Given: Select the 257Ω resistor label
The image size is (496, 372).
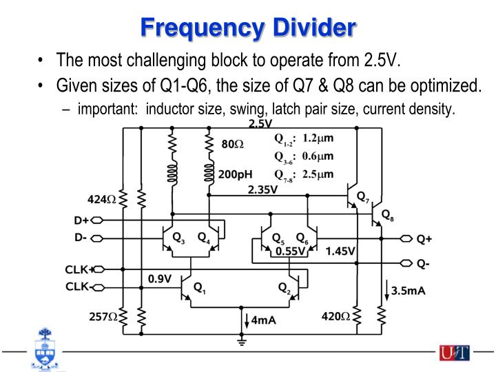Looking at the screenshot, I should [103, 316].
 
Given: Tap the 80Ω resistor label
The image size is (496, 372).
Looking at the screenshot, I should [233, 145].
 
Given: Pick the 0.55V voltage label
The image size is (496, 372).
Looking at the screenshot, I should [291, 251].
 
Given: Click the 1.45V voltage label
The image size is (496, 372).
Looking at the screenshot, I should [340, 251].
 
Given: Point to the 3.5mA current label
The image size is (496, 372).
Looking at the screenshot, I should [407, 291].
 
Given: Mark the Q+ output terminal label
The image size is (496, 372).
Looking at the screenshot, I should [424, 240].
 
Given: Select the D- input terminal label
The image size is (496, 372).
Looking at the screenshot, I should [81, 238].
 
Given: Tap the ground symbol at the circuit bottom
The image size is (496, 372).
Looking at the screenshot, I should [240, 341].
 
